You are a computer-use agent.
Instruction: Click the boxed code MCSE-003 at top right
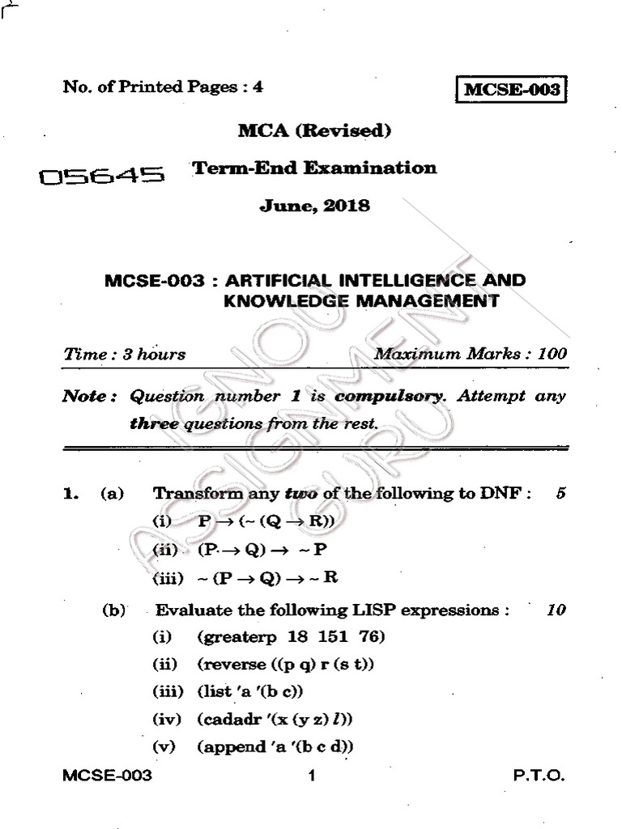(510, 89)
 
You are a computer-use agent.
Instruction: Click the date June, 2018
(314, 206)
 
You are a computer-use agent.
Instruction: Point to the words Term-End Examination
(314, 168)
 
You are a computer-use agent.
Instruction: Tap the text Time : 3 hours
(124, 354)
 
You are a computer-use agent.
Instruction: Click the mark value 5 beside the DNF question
(560, 494)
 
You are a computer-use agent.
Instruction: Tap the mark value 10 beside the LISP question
(556, 610)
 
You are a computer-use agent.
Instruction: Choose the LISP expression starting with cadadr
(277, 719)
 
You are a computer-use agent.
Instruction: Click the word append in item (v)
(231, 746)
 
